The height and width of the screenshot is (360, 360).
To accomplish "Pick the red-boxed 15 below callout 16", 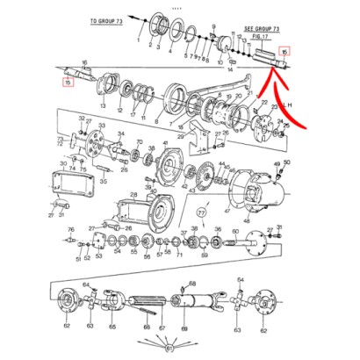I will tap(68, 83).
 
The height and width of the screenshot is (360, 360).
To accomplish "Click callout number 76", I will tap(70, 229).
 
